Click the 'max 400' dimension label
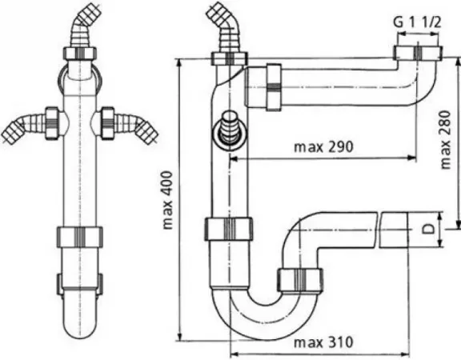pos(168,200)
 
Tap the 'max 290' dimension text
pos(323,146)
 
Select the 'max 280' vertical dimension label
pos(446,140)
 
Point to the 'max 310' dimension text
pos(323,342)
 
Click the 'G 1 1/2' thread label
pos(417,22)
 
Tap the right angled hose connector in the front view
pos(129,125)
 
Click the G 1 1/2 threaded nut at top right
pos(418,54)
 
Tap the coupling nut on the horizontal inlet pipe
pos(274,87)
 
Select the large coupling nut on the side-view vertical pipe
pos(229,229)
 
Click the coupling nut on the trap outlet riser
pos(300,280)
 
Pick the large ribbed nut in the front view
pos(80,237)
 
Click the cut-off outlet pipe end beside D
pos(394,230)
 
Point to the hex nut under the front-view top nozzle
pos(80,54)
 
